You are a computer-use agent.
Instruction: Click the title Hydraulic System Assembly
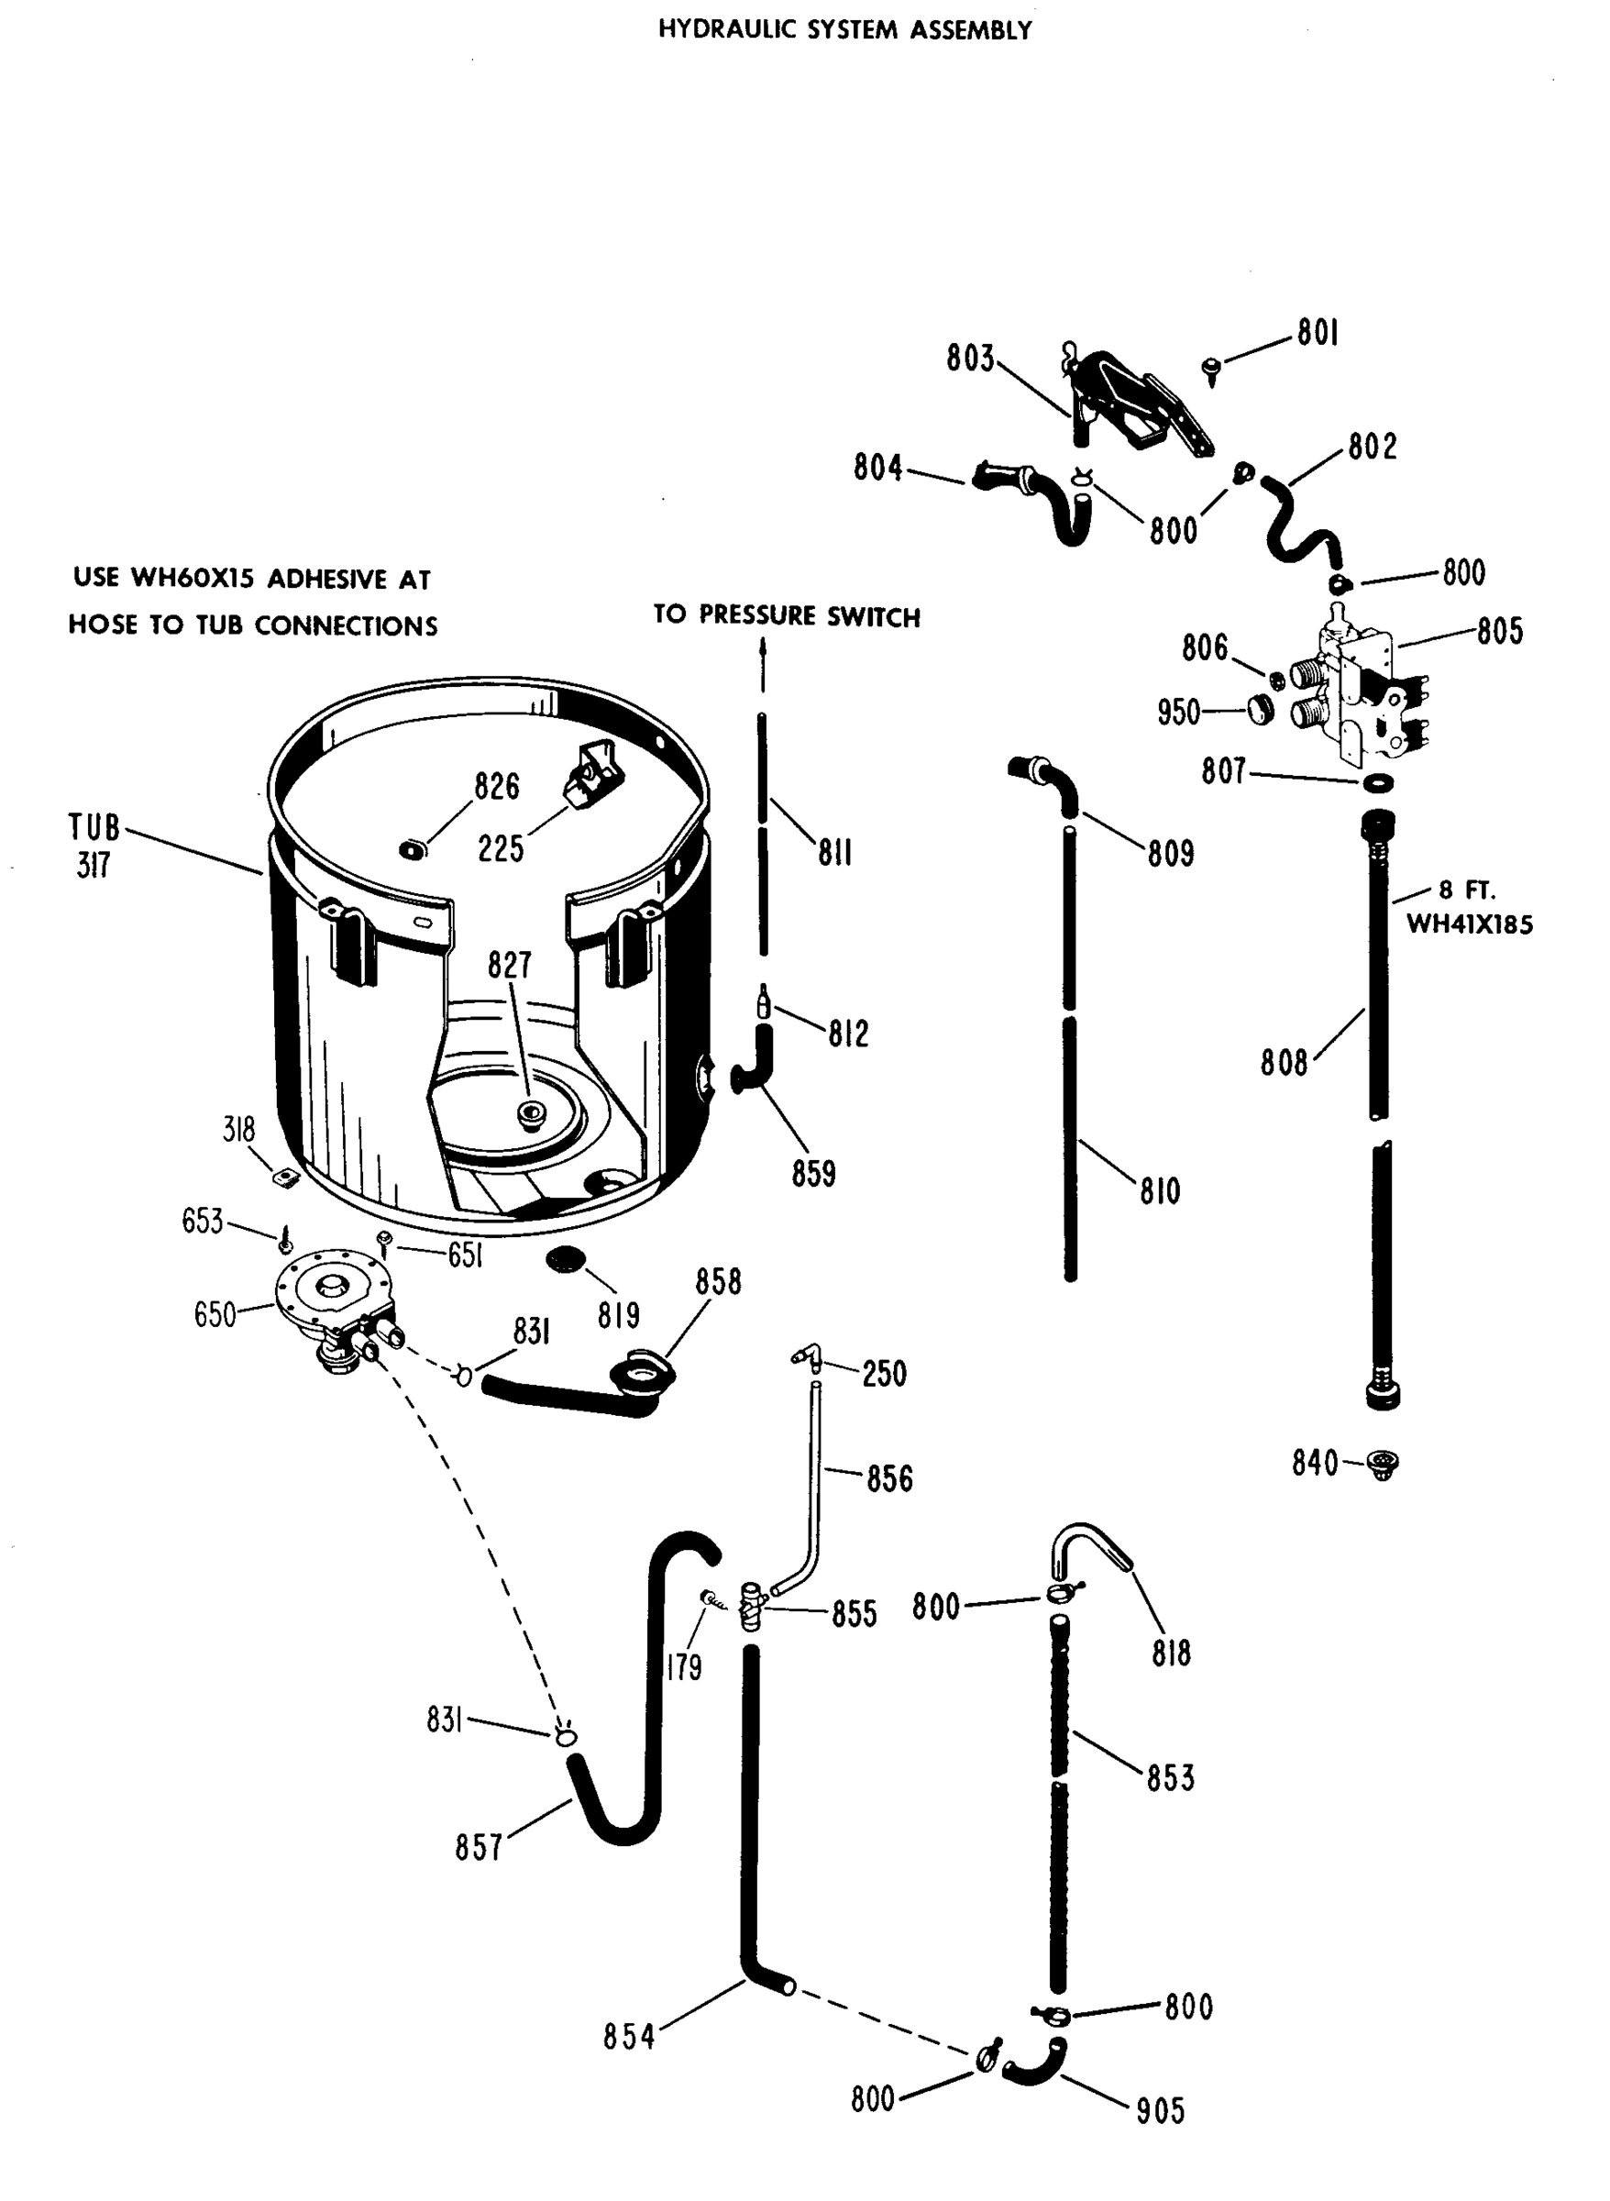click(x=844, y=30)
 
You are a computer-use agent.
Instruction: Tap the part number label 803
click(x=970, y=359)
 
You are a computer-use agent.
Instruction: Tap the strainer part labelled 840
click(x=1382, y=1463)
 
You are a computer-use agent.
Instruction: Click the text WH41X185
click(x=1469, y=924)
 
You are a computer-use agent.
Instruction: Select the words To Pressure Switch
click(x=787, y=616)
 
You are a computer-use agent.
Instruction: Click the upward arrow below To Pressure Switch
click(x=763, y=663)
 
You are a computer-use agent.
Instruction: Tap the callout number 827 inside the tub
click(x=510, y=966)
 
